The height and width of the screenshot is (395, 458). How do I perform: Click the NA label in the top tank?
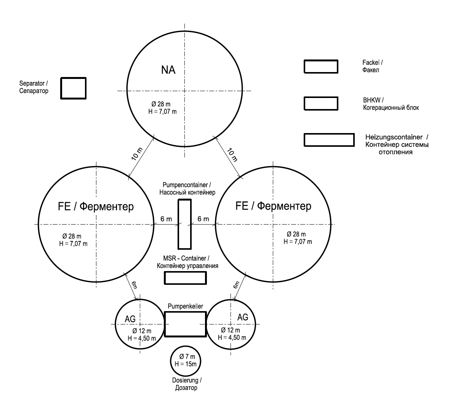coord(168,70)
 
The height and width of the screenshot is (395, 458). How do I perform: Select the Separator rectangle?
coord(74,88)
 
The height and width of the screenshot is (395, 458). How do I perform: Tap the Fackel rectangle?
coord(320,66)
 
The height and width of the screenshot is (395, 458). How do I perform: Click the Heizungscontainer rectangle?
coord(328,140)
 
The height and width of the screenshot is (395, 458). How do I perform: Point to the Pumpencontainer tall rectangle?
coord(184,224)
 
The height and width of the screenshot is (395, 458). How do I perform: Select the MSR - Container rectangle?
coord(185,278)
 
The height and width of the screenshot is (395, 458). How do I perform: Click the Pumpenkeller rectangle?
coord(185,324)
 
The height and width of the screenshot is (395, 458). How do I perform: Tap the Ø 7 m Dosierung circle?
coord(186,361)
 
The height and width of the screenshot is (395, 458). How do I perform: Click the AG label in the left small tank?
coord(130,319)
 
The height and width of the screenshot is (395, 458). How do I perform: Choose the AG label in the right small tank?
coord(243,317)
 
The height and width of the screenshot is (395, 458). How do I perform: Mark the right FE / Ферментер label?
coord(274,206)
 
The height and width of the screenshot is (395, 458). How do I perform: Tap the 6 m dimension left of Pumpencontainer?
coord(166,219)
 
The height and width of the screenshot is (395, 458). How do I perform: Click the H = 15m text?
coord(186,364)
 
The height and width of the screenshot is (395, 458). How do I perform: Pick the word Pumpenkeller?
coord(185,306)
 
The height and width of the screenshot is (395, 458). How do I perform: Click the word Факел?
coord(371,71)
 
